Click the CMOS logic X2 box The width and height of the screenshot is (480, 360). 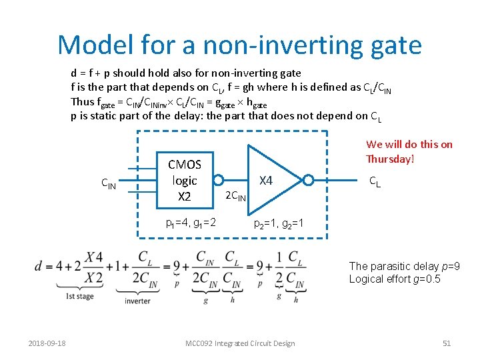184,180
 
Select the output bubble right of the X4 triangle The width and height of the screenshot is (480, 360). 308,180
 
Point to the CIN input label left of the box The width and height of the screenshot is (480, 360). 108,183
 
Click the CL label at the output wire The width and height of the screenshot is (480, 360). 375,181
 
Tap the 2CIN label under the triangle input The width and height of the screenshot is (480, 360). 235,196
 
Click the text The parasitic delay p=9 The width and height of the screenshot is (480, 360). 404,267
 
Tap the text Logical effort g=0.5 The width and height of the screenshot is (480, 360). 395,279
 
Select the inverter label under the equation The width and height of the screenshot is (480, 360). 137,301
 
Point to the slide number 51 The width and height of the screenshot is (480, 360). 447,343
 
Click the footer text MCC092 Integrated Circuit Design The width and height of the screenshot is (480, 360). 239,343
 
